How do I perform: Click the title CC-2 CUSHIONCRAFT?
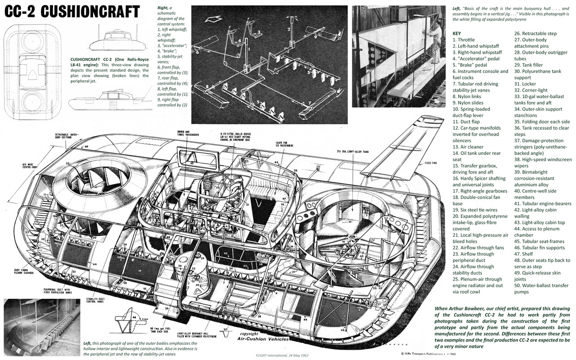pos(72,12)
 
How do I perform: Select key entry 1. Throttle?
pos(463,40)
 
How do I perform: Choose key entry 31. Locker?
pos(529,84)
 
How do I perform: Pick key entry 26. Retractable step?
pos(538,33)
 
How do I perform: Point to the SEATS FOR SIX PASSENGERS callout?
pos(284,146)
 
